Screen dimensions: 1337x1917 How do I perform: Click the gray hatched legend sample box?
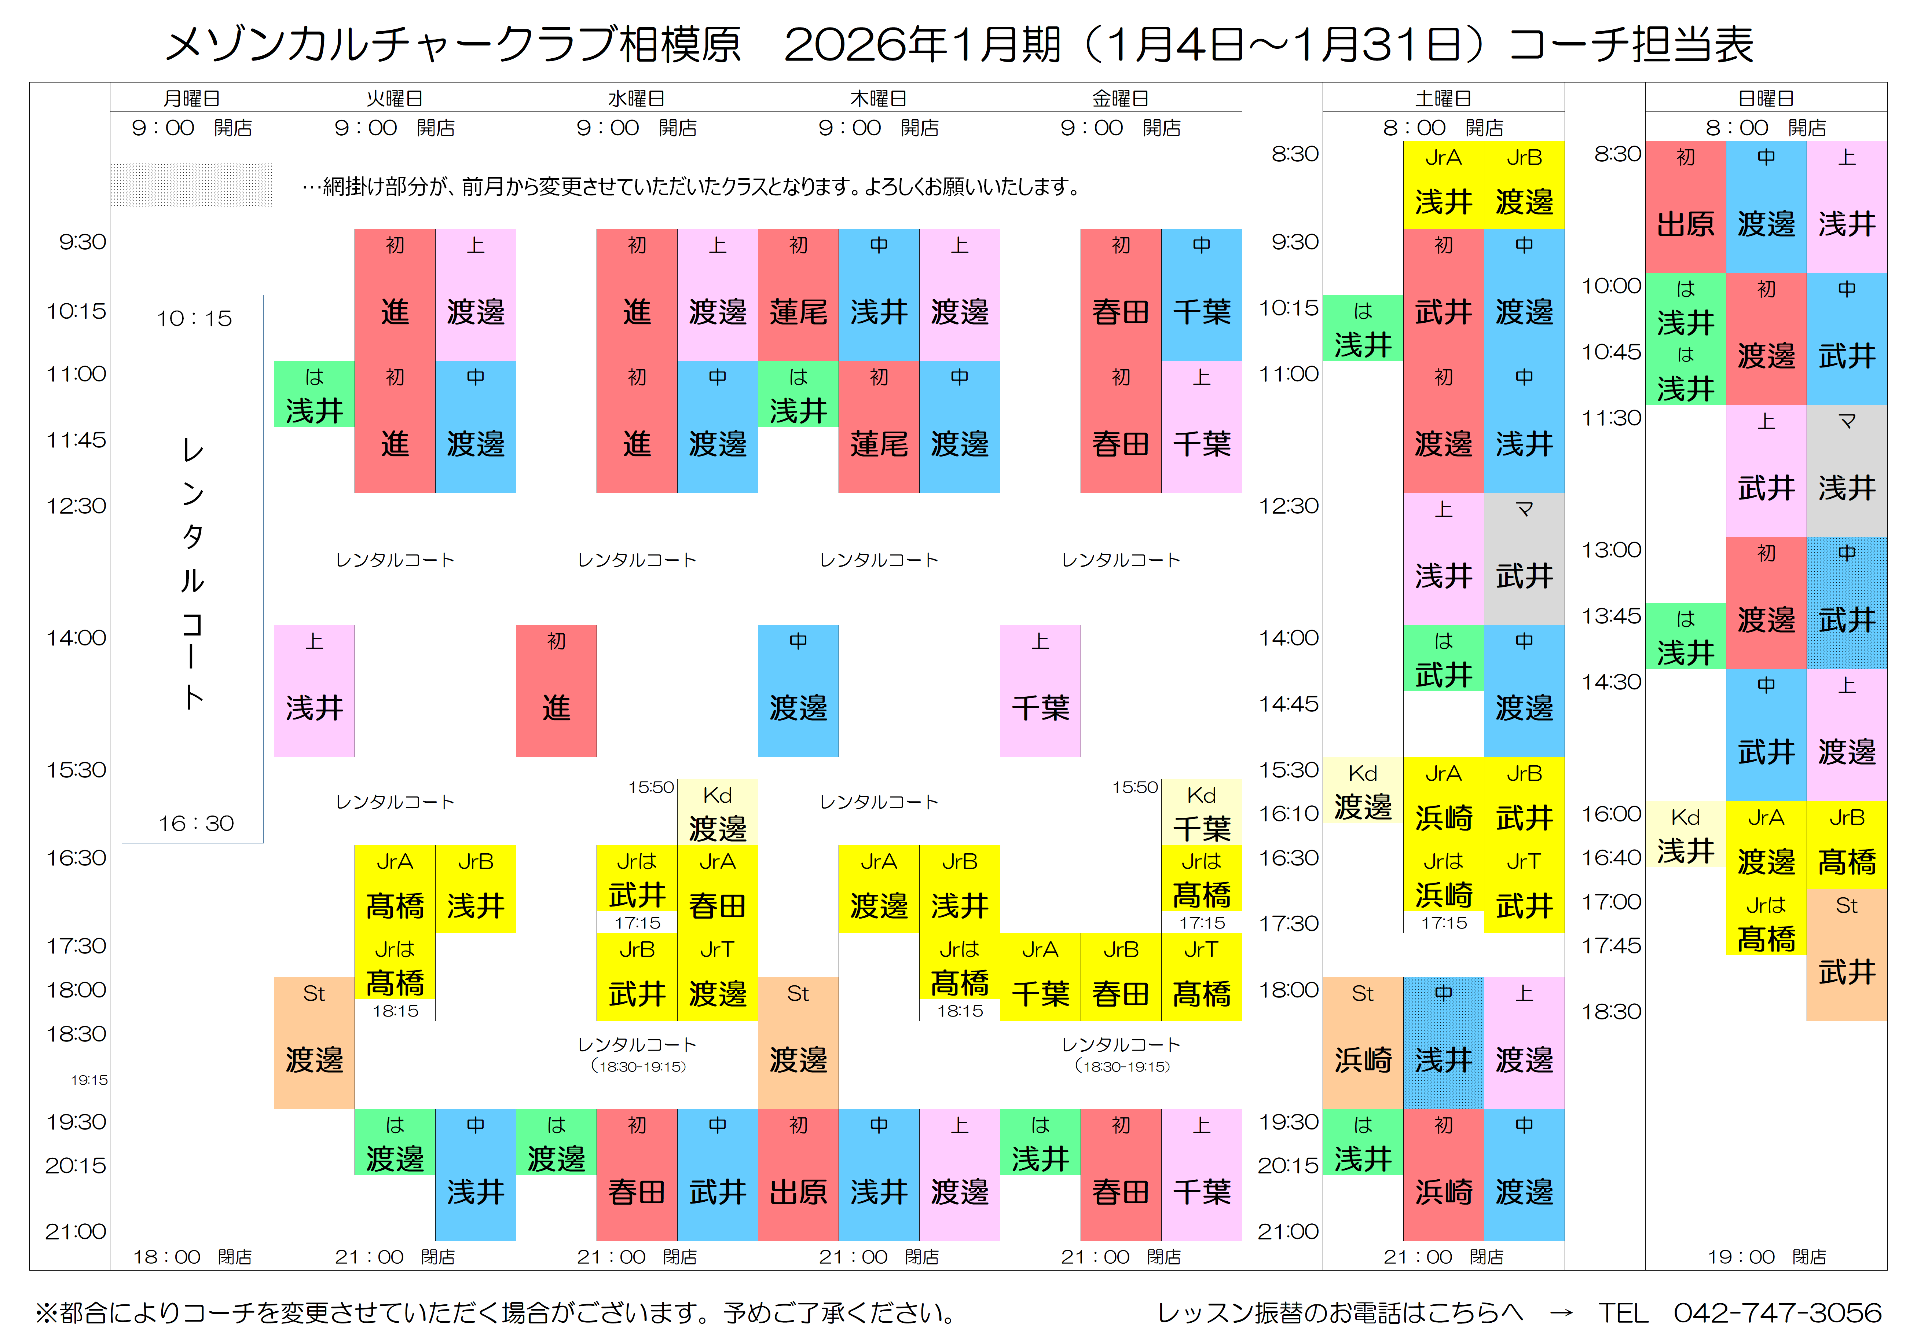[192, 184]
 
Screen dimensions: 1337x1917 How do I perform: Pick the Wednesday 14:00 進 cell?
[556, 691]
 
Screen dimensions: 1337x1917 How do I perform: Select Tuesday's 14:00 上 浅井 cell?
[314, 691]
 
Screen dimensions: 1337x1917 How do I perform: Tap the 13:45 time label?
[1610, 616]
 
